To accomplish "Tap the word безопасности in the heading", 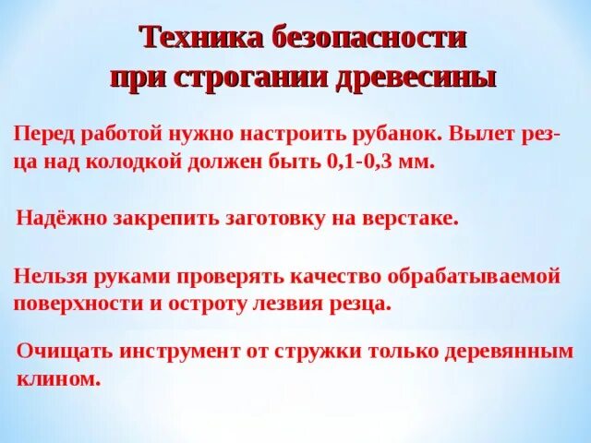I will [x=368, y=39].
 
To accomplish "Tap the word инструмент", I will [x=175, y=352].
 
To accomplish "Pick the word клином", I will [x=58, y=378].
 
